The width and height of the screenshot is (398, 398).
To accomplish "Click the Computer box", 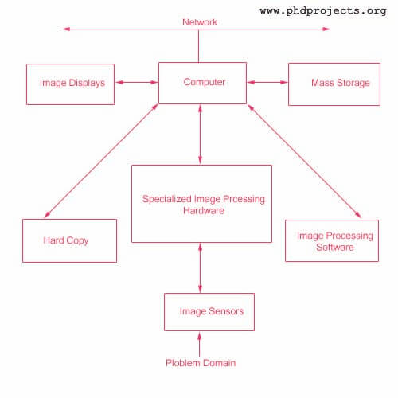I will [x=204, y=83].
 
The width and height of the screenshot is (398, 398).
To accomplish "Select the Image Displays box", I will [x=72, y=83].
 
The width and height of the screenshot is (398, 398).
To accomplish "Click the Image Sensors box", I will [x=209, y=312].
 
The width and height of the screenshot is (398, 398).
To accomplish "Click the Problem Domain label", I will [x=201, y=363].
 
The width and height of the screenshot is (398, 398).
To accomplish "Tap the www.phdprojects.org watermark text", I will [x=322, y=11].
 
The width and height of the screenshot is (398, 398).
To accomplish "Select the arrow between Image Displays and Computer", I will [x=138, y=82].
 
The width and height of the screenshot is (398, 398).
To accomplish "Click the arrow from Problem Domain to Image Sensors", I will [x=200, y=345].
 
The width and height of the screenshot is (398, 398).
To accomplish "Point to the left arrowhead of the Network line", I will [x=66, y=29].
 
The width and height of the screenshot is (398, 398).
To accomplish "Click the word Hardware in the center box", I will [x=204, y=211].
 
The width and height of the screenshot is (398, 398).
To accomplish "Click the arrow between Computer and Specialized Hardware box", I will [x=200, y=134].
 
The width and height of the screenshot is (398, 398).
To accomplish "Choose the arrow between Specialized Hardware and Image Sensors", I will [x=200, y=268].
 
